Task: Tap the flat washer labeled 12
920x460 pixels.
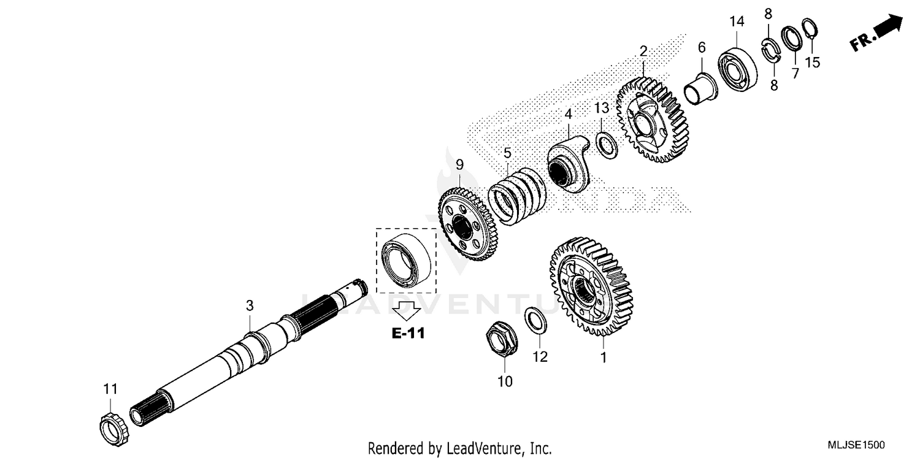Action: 537,321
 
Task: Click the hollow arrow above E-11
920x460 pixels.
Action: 405,310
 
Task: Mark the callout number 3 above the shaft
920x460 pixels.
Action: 250,305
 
